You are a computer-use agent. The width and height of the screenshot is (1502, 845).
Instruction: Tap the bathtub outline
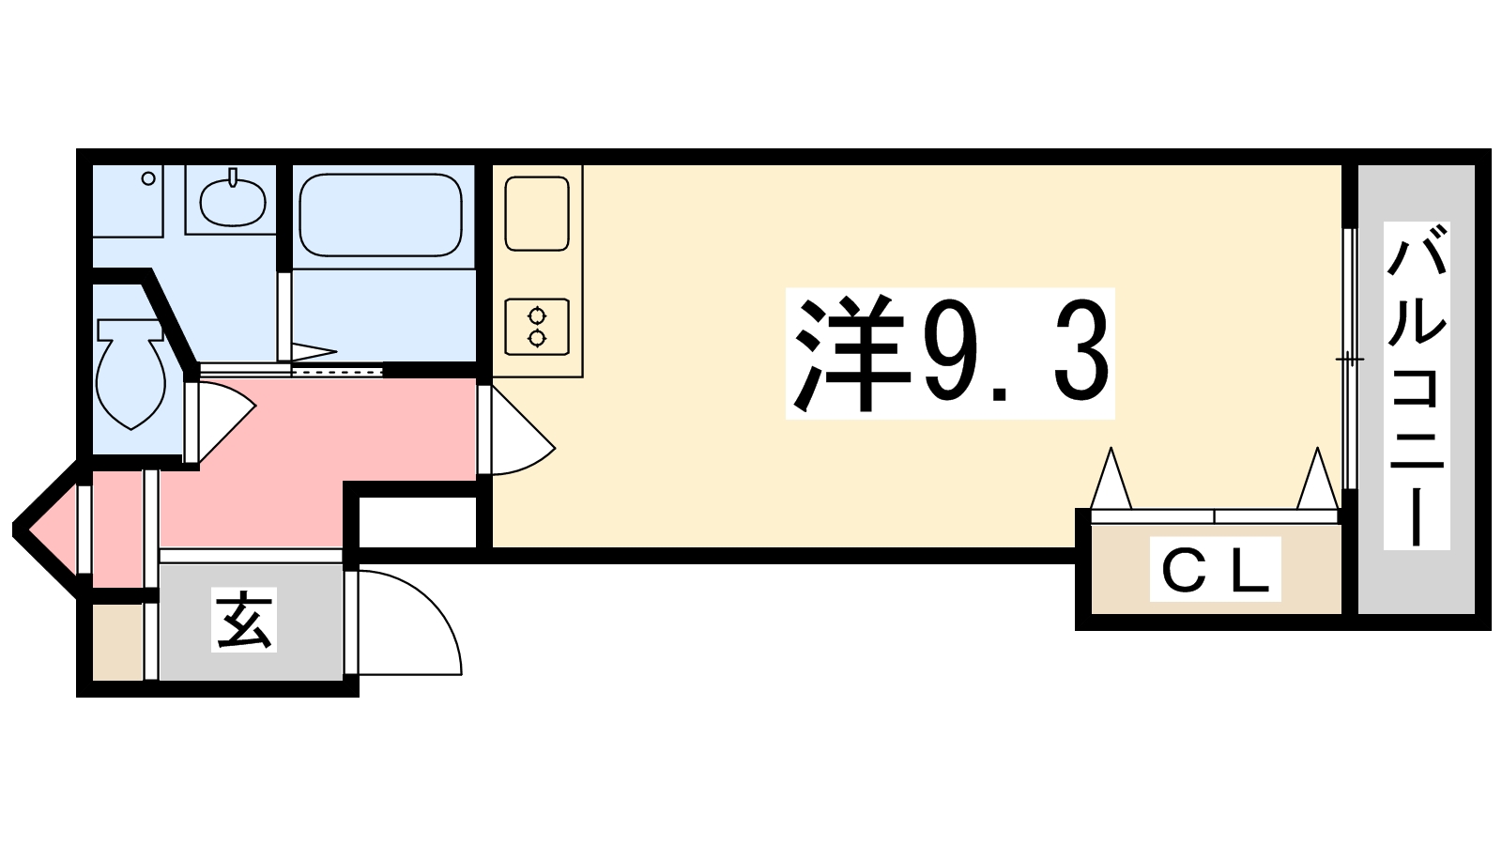380,214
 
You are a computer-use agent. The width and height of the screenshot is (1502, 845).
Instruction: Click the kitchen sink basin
537,214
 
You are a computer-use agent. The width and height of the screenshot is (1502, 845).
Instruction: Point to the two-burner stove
537,326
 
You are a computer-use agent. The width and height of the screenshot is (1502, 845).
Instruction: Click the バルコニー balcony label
1417,386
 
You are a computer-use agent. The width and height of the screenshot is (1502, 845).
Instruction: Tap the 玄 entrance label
244,621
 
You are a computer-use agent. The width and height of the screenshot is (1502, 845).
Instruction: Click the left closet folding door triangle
1111,481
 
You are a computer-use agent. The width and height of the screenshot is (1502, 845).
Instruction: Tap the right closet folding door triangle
1316,481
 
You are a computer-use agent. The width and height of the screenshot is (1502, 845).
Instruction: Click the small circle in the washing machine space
147,177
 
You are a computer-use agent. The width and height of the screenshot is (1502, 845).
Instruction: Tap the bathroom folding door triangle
313,353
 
